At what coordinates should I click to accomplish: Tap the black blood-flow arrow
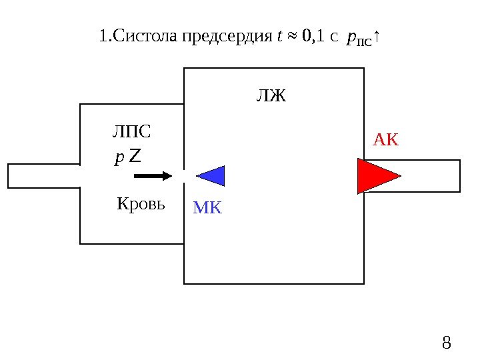coord(153,176)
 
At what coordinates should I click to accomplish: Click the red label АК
coord(385,139)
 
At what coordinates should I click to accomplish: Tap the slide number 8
coord(447,344)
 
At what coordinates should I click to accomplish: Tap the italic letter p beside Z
coord(119,158)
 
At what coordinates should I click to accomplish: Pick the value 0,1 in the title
coord(313,37)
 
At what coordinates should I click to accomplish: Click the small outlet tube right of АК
coord(432,176)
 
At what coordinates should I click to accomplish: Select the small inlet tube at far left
coord(43,176)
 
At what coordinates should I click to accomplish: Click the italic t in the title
coord(279,37)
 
